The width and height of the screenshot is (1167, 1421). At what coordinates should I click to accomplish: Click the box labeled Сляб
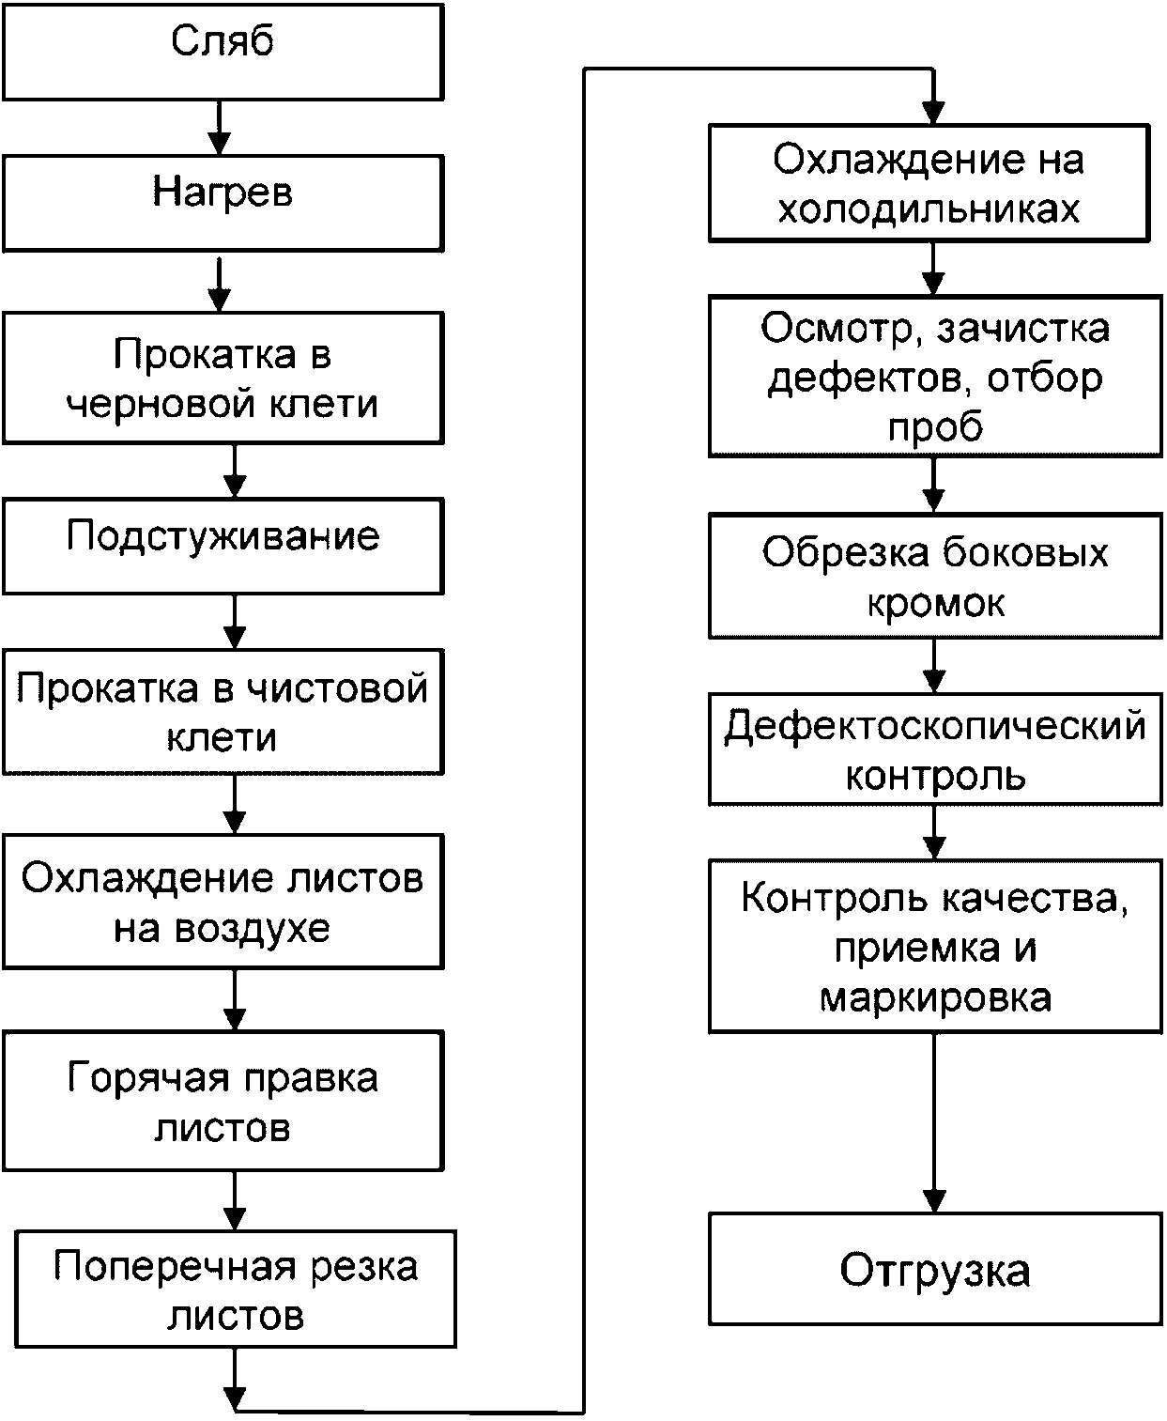[x=223, y=53]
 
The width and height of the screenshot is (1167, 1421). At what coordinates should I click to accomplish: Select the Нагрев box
[x=223, y=204]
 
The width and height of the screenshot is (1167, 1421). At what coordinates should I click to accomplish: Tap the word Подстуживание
[x=223, y=537]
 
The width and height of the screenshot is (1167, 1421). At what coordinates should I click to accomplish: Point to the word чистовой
[x=337, y=688]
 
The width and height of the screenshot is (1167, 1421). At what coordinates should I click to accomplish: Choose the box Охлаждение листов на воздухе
[x=223, y=902]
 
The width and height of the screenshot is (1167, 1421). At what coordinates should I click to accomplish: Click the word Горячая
[x=148, y=1079]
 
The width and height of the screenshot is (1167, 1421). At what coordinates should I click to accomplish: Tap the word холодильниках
[x=929, y=209]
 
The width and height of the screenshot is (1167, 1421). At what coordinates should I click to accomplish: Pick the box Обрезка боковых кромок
[x=935, y=576]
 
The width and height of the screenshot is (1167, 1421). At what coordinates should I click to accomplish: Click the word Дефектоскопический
[x=935, y=727]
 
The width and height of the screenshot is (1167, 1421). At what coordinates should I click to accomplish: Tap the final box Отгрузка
[x=935, y=1269]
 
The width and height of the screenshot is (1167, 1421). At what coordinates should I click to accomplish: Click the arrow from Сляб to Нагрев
[x=219, y=128]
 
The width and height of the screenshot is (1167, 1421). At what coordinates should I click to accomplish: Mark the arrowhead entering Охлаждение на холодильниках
[x=933, y=114]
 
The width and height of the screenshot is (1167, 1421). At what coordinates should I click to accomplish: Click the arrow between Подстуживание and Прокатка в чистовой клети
[x=235, y=622]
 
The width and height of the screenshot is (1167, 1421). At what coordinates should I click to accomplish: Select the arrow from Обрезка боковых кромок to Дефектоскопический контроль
[x=934, y=666]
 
